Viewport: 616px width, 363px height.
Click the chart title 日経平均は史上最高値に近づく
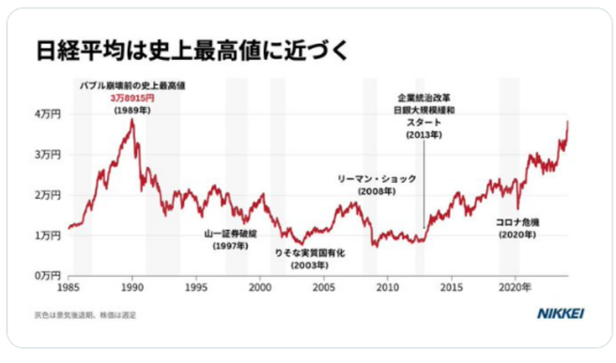click(x=192, y=50)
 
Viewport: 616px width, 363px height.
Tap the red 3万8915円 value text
click(x=131, y=98)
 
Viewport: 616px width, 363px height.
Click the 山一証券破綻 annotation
click(x=230, y=234)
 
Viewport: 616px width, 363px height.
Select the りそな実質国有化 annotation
click(x=310, y=253)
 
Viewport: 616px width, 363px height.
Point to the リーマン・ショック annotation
click(x=377, y=178)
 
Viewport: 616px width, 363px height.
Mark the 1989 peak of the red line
click(x=131, y=121)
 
